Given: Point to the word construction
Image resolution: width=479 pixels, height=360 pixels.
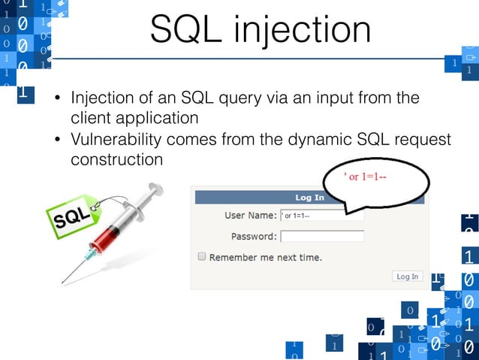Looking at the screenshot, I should point(116,160).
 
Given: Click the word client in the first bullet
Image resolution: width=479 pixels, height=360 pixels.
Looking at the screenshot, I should point(89,119).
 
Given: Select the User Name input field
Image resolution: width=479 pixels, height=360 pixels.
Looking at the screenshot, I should point(321,216).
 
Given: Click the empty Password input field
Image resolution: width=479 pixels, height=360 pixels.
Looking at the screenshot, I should point(321,236).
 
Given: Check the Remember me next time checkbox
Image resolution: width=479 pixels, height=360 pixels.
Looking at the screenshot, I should point(201,256).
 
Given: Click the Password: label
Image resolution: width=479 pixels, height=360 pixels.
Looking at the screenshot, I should point(253,236).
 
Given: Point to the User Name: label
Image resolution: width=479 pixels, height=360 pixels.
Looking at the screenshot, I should point(250,216).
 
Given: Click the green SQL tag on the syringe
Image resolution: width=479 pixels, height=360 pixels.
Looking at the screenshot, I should point(73,216).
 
